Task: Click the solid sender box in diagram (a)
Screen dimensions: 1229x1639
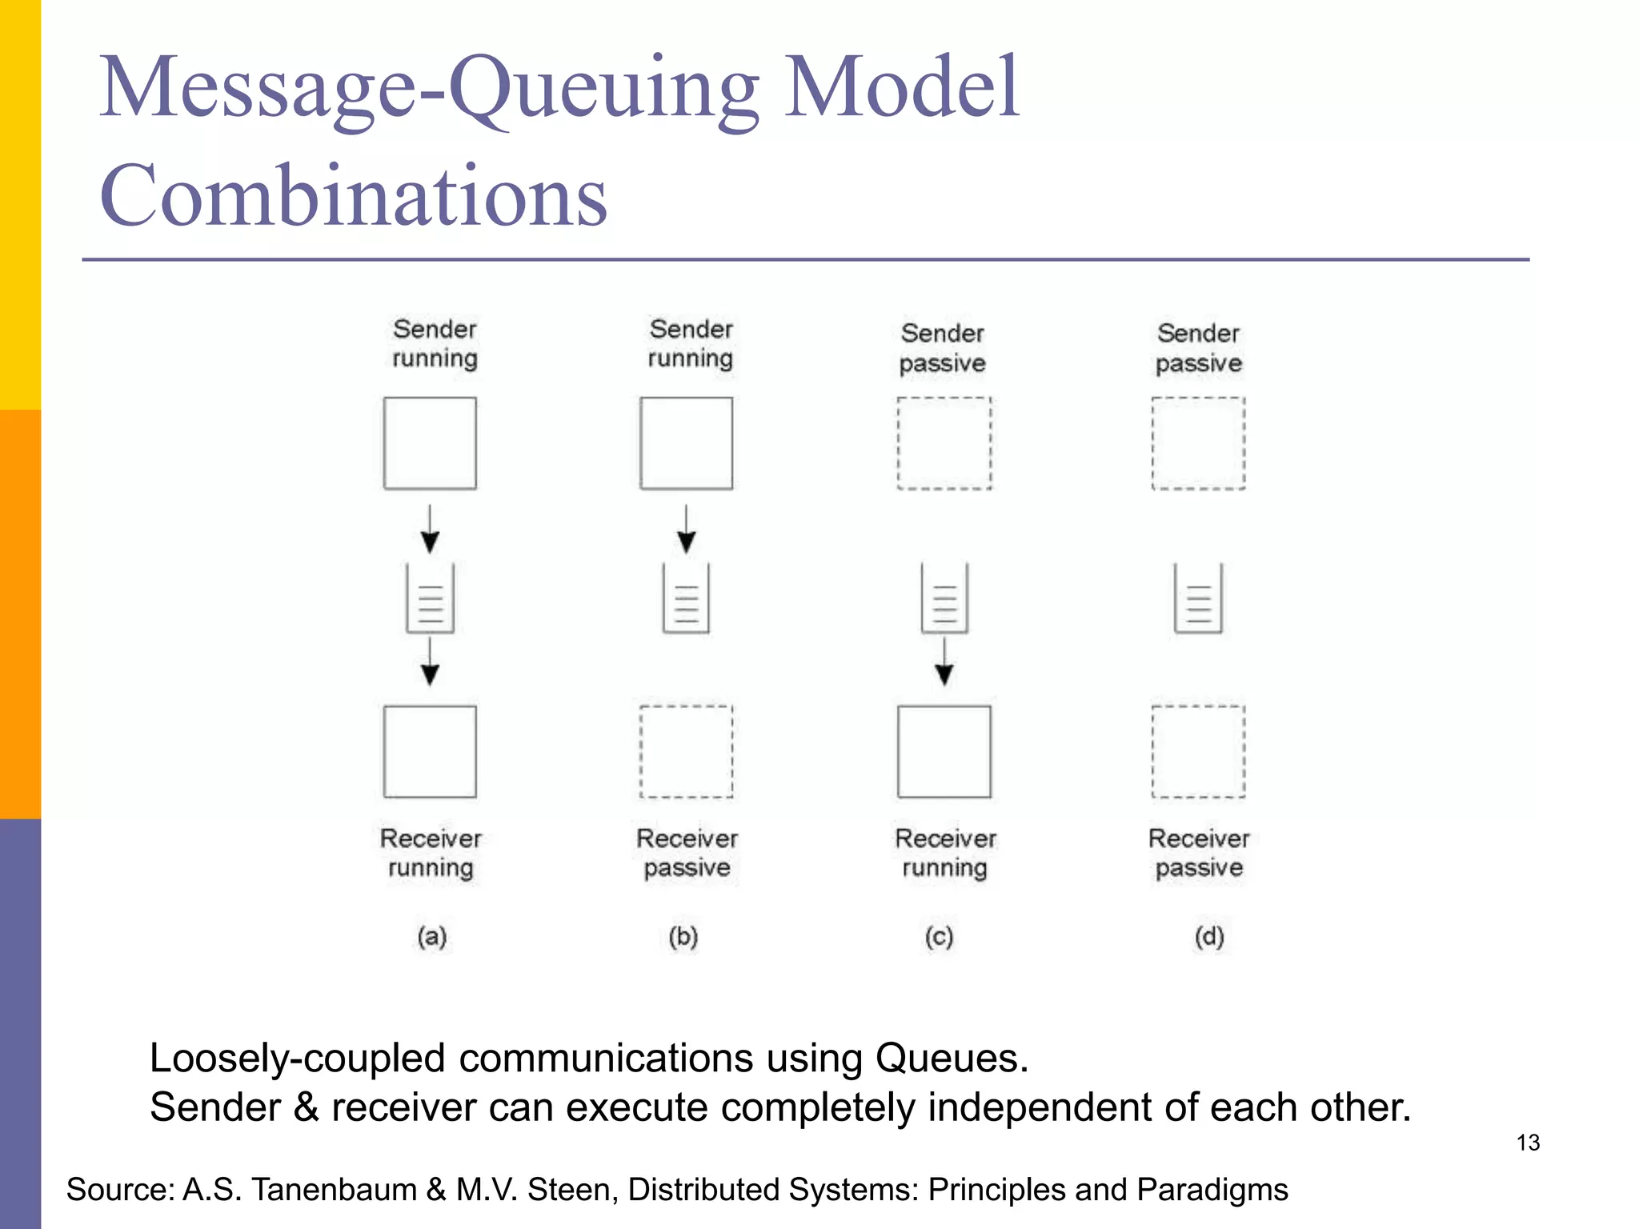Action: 430,442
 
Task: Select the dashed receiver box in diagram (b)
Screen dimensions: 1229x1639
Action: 686,751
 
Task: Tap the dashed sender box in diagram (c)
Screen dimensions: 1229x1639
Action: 944,442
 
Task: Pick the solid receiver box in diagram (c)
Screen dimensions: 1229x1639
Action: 944,751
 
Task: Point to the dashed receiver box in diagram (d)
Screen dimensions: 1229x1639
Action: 1198,751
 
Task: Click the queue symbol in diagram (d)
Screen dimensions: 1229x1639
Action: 1198,598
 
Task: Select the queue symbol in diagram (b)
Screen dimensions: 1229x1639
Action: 686,598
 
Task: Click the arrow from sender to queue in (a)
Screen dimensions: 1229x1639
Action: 430,530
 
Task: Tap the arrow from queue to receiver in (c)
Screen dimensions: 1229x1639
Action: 944,662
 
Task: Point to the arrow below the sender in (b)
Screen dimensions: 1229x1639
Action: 686,530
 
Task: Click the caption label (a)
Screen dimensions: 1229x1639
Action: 431,936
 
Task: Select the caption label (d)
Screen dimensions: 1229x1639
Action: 1209,936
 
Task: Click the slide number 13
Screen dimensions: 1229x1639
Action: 1528,1143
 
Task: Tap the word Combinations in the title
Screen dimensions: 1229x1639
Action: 353,195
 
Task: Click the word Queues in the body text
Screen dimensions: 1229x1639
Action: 951,1058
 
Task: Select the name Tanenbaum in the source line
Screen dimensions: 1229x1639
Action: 335,1190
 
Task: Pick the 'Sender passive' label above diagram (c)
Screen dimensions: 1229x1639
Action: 943,348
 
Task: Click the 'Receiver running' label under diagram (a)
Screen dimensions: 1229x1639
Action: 431,853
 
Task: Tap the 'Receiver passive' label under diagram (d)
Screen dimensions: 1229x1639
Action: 1199,853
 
